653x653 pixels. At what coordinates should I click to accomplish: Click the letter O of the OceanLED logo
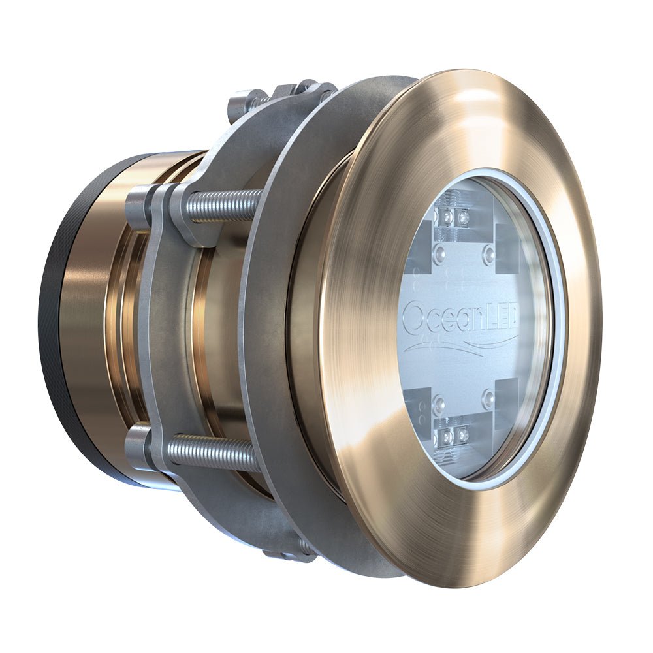pyautogui.click(x=413, y=318)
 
